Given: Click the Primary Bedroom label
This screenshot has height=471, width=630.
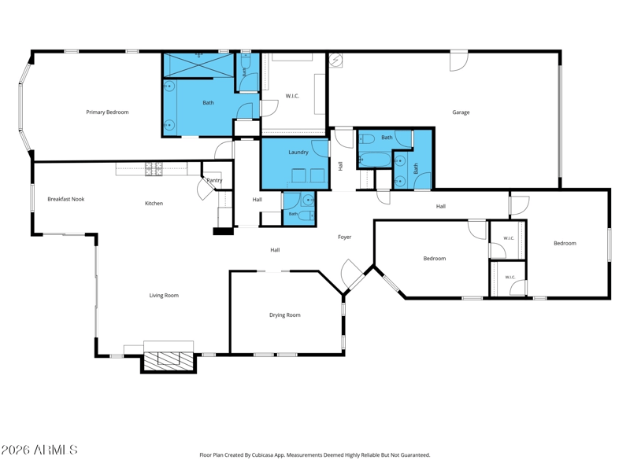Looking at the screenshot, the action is click(107, 112).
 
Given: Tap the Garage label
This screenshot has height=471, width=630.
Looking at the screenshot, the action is click(461, 112).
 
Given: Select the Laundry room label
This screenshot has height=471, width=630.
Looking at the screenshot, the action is click(298, 153).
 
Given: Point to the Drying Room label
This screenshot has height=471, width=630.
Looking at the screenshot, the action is click(285, 315).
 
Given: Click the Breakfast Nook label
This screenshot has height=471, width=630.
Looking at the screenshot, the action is click(66, 199).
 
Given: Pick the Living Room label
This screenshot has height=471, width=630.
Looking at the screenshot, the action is click(164, 296).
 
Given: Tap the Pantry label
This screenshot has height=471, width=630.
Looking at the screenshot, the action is click(214, 181).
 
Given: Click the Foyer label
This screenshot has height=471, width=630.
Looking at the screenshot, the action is click(345, 237).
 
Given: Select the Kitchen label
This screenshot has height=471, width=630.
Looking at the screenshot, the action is click(154, 204).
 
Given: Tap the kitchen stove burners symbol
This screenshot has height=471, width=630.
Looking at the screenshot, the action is click(154, 169).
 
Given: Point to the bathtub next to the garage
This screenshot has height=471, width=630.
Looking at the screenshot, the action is click(375, 160).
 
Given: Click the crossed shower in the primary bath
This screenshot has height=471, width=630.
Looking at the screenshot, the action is click(199, 64).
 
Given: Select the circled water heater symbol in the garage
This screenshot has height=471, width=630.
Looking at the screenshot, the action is click(335, 61).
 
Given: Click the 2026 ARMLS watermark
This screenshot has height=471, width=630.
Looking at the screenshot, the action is click(39, 450).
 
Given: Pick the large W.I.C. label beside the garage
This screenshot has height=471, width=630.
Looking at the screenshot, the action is click(292, 96).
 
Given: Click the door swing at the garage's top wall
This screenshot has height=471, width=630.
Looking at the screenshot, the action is click(459, 62).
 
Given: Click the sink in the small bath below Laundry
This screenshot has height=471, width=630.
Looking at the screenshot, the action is click(308, 200).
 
